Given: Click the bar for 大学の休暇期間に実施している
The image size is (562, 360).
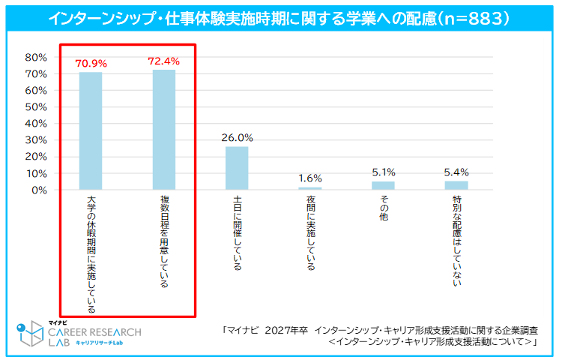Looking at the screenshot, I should pos(91,130).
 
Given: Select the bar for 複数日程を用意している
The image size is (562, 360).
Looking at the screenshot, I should pos(164,130).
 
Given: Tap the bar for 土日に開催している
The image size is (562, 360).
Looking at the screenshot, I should pos(237,168).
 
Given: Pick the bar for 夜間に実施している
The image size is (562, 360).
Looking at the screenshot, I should pos(309,188).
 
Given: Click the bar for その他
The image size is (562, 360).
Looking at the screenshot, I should pos(383,185).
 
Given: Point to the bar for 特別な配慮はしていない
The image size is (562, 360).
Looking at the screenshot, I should pos(456,185).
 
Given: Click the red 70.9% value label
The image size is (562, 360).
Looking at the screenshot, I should pos(91,64).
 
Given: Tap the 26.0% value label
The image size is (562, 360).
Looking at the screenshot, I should pos(237,138).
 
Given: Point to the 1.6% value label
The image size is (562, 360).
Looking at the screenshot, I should pos(309,178).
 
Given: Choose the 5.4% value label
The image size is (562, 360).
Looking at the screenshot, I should pos(456,172).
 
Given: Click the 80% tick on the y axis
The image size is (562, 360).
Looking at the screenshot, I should pos(36,58).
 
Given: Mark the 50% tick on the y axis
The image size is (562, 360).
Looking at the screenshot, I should pos(36,107).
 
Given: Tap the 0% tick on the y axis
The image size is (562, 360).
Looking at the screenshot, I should pos(39,190).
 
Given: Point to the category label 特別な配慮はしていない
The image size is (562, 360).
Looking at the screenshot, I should pos(456,241).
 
